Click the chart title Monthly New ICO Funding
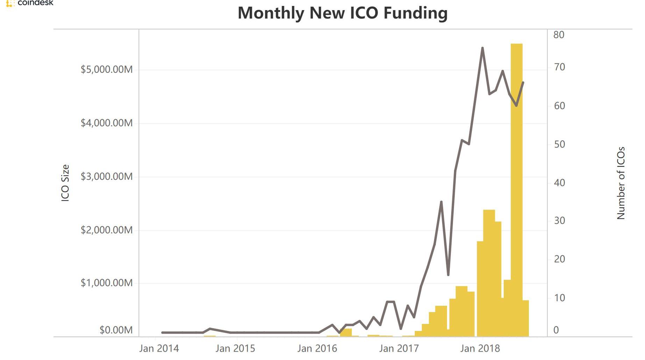pos(342,13)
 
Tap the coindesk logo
pos(30,3)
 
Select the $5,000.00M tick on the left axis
pos(107,70)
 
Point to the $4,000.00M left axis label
pos(107,123)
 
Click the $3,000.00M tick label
pos(107,176)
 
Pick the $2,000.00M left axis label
pos(107,230)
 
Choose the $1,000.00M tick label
pos(107,283)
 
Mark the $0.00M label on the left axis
pos(116,330)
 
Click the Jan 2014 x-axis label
pos(159,348)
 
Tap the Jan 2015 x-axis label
pos(235,348)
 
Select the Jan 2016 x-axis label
pos(317,348)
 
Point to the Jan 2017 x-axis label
pos(399,348)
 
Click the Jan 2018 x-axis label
pos(480,348)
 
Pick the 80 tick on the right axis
pos(559,35)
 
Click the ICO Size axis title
pos(65,183)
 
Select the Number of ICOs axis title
pos(621,183)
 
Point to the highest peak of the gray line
pos(482,48)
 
